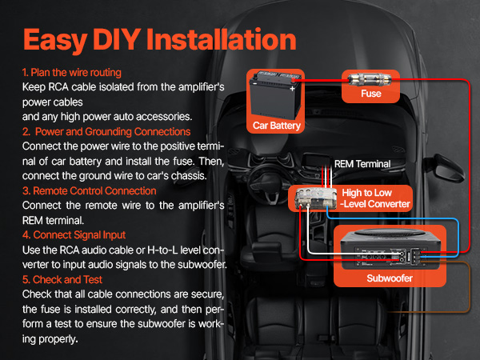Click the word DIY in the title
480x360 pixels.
(117, 39)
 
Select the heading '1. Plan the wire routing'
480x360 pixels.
(72, 73)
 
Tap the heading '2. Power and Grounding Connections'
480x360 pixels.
(106, 132)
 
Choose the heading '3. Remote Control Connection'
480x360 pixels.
(89, 190)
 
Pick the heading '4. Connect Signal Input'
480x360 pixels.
(74, 235)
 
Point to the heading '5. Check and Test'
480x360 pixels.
(62, 279)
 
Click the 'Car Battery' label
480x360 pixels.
(277, 126)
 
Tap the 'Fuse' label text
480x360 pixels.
(371, 94)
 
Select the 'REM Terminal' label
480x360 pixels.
(362, 164)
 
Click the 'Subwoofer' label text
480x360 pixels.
(390, 278)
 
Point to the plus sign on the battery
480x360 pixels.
(292, 89)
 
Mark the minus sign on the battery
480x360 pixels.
(254, 83)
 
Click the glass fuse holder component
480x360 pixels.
(370, 79)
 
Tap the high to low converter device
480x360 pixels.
(315, 199)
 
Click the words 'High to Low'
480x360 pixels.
(366, 193)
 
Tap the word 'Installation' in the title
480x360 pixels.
(221, 39)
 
